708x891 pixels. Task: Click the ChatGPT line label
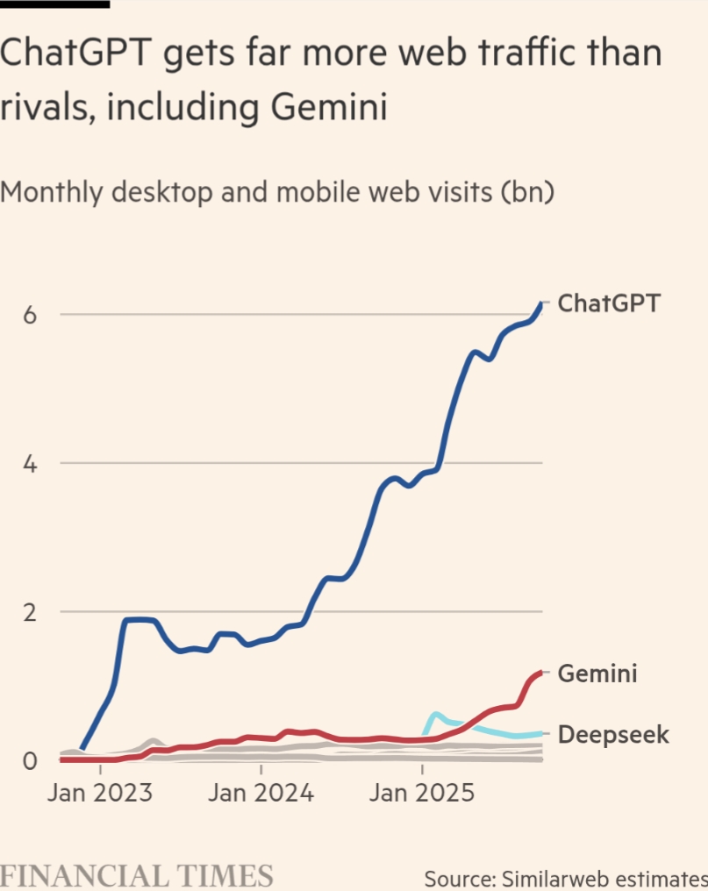click(x=609, y=303)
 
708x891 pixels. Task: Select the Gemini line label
click(x=597, y=674)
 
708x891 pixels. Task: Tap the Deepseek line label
click(x=613, y=734)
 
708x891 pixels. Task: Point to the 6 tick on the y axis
click(x=30, y=315)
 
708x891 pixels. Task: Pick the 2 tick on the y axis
click(x=30, y=612)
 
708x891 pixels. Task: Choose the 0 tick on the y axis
click(x=30, y=760)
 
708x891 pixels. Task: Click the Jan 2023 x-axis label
click(x=99, y=795)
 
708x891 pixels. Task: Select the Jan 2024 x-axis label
click(x=261, y=795)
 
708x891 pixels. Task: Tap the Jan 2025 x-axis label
click(x=423, y=795)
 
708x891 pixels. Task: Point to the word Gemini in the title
click(x=328, y=108)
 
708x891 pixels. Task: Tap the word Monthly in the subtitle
click(x=56, y=192)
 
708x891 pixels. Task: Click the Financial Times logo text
click(x=137, y=876)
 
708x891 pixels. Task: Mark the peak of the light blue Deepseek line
click(x=436, y=714)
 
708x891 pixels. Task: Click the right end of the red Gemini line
click(x=540, y=673)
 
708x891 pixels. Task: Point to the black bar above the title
click(x=54, y=4)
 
